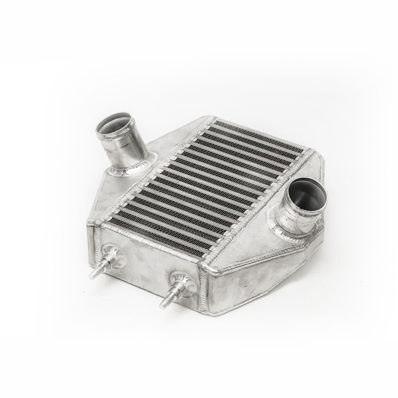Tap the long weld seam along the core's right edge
(x=259, y=207)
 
